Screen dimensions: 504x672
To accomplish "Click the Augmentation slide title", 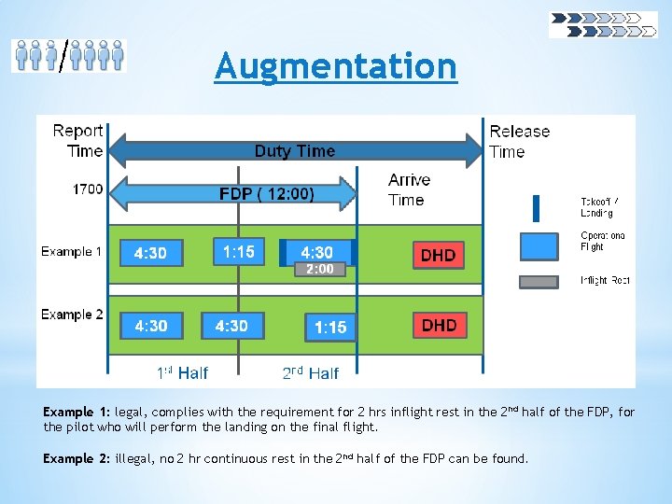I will point(336,66).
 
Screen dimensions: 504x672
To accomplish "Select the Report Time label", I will point(78,141).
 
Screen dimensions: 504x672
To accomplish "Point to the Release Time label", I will point(520,141).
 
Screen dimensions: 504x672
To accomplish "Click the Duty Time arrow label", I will point(295,151).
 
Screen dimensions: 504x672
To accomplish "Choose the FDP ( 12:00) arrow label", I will point(266,194).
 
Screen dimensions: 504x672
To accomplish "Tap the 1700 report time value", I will point(88,189).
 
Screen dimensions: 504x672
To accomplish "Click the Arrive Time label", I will point(409,189).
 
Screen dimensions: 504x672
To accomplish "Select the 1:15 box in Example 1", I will point(239,251).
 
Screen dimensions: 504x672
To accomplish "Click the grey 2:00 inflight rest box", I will point(320,269).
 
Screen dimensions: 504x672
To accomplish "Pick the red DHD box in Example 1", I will point(439,255).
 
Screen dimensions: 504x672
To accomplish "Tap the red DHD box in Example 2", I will point(439,325).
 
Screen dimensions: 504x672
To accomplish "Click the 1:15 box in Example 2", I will point(330,328).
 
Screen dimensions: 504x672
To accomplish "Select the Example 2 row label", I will point(72,315).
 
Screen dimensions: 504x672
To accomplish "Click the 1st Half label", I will point(182,373).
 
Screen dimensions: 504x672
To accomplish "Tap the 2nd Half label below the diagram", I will point(311,373).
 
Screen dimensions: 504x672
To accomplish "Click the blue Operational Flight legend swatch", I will point(539,245).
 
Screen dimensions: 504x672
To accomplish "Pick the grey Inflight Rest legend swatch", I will point(539,282).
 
